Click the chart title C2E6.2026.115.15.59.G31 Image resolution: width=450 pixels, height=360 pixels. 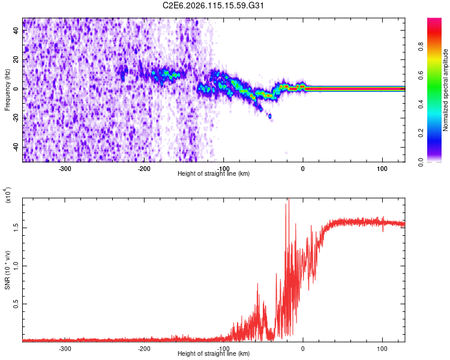coord(214,6)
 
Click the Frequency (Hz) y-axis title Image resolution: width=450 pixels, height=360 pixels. coord(7,89)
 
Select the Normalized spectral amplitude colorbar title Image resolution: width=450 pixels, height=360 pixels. coord(446,90)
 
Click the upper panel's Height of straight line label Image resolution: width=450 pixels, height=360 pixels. coord(214,173)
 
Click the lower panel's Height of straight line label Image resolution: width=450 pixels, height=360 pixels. coord(214,353)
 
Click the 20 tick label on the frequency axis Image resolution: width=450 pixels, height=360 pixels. coord(17,60)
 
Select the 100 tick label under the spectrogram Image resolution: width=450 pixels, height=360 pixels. coord(382,169)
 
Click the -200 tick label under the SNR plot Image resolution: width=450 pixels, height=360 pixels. coord(144,349)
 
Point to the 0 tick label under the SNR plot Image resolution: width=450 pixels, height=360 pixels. coord(303,349)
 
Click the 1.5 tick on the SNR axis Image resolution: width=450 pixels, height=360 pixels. coord(16,227)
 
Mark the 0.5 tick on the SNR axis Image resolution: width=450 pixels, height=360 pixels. coord(16,304)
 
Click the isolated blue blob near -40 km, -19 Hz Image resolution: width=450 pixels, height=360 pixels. coord(270,116)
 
